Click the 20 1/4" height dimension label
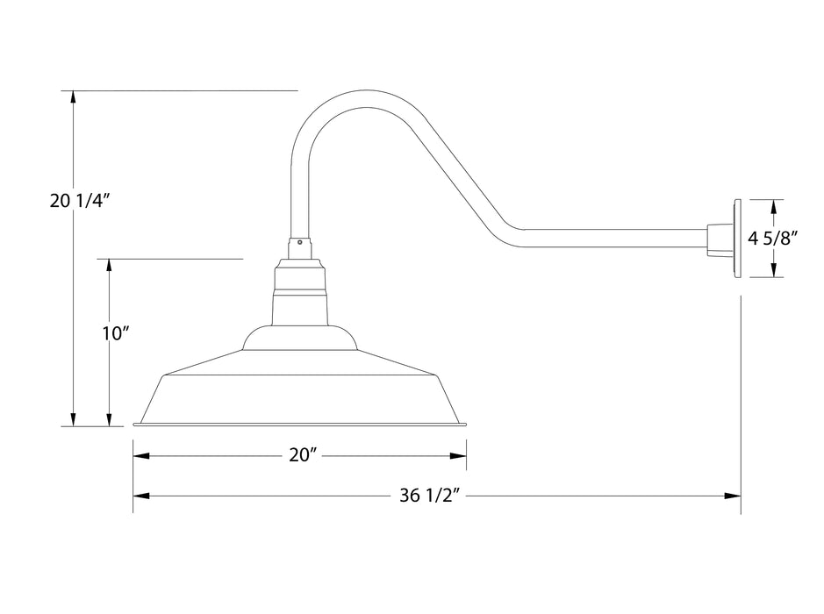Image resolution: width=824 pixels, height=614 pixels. (79, 201)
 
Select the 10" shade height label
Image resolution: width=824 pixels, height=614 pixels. (115, 334)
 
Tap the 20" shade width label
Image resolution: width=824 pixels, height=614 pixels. (300, 455)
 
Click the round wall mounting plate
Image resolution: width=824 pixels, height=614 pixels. (735, 238)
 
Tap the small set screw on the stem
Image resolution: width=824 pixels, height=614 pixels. (300, 243)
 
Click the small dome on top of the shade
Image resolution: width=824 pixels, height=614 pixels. (300, 338)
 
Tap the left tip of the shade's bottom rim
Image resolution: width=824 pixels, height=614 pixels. (135, 425)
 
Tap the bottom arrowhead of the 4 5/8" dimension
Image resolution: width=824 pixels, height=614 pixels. (773, 270)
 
